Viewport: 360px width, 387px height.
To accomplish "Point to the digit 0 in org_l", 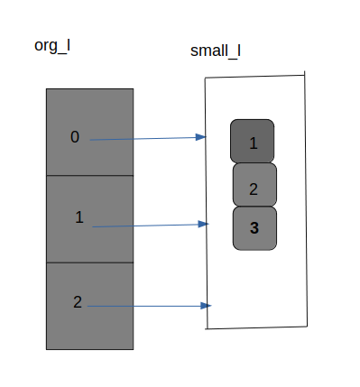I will coord(75,137).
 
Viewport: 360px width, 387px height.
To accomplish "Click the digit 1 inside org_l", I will coord(79,217).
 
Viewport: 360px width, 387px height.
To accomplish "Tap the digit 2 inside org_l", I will coord(78,302).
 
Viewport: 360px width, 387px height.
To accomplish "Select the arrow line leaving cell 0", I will coord(144,139).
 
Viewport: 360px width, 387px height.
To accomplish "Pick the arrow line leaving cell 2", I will coord(144,307).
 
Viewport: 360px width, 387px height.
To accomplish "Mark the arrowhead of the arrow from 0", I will coord(202,137).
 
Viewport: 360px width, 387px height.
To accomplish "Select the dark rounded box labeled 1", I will coord(253,141).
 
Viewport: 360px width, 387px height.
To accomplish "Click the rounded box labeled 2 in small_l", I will coord(254,185).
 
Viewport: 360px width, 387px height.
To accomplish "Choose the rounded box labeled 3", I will coord(254,228).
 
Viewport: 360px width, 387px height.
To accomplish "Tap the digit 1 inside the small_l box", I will coord(254,143).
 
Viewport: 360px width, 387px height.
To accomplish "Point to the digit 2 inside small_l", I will coord(254,189).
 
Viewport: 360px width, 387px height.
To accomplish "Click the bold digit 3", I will coord(254,228).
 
